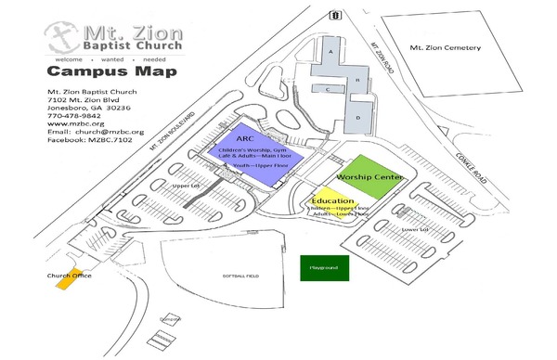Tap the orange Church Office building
(x=68, y=281)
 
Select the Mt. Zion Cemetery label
(x=448, y=47)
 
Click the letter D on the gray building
(x=356, y=119)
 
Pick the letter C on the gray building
(x=328, y=89)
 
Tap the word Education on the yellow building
(x=331, y=200)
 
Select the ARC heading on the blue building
(x=246, y=138)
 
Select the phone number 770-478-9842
(x=72, y=115)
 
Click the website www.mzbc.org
(x=73, y=123)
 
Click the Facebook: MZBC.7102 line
(x=89, y=140)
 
